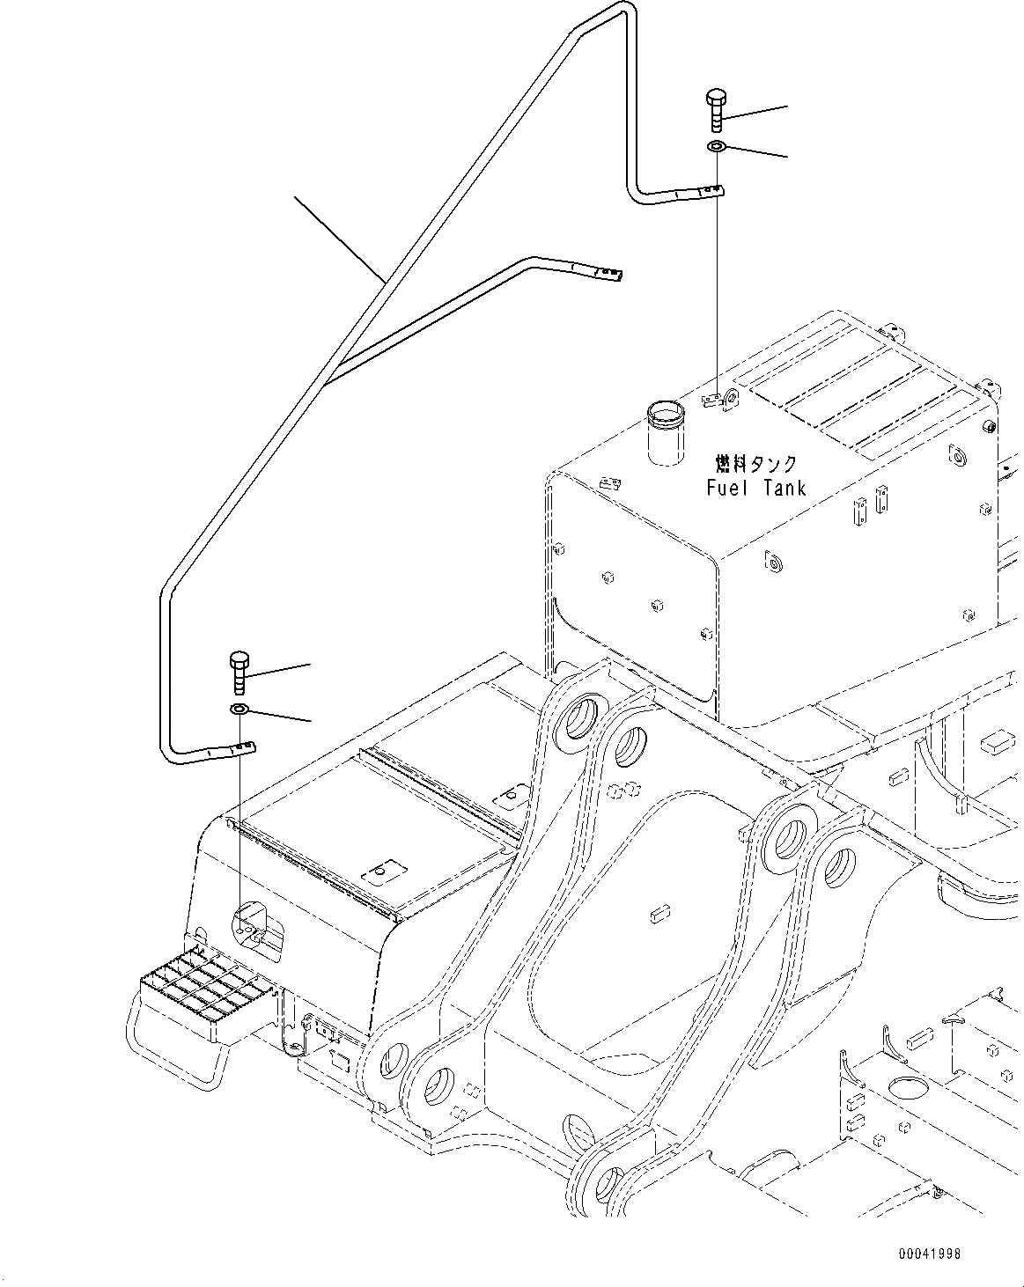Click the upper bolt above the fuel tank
tap(714, 110)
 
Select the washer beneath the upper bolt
tap(715, 146)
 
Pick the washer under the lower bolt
tap(239, 709)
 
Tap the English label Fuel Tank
tap(755, 487)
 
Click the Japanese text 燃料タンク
tap(755, 463)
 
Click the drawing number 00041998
tap(930, 1253)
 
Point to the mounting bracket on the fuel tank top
tap(721, 401)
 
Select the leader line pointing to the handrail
tap(339, 238)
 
